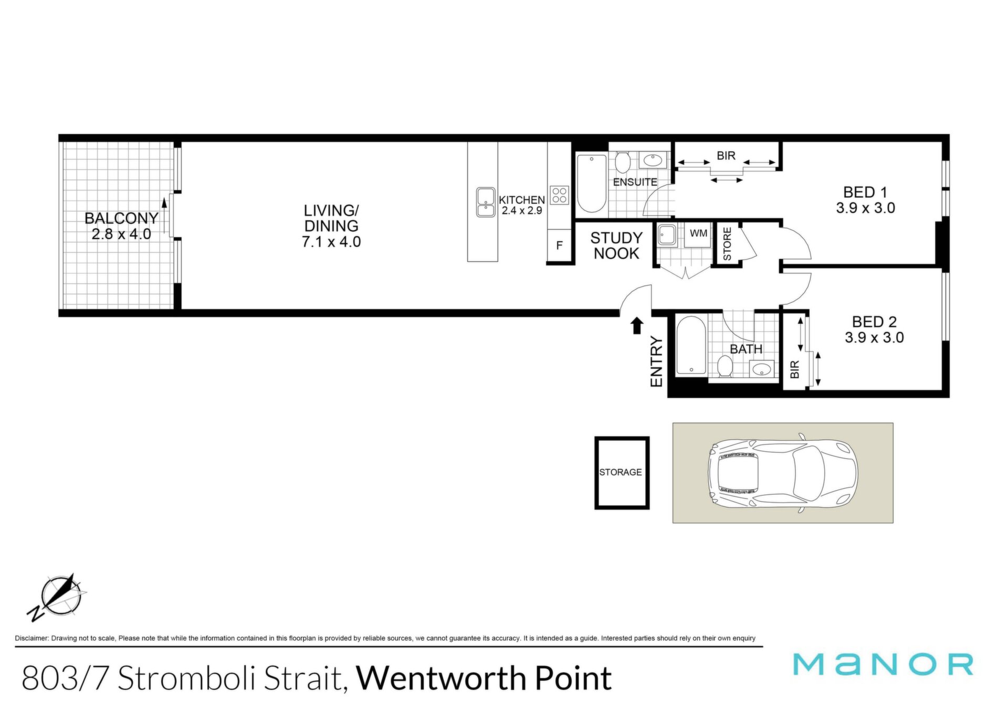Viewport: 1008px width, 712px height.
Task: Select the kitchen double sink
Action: [x=486, y=203]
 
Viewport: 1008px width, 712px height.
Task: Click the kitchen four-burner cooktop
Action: [x=559, y=195]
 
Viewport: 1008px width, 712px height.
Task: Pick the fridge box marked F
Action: [x=559, y=246]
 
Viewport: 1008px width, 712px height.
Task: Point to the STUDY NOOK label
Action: [x=616, y=246]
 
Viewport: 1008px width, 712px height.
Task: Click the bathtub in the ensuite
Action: [x=592, y=183]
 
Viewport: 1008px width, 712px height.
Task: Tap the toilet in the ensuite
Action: [x=623, y=163]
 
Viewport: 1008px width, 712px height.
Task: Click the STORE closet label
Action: [x=727, y=243]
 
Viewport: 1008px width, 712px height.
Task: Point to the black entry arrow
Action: [x=637, y=325]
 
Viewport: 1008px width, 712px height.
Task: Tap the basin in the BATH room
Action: [x=761, y=369]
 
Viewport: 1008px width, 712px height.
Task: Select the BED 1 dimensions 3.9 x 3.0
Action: [x=866, y=208]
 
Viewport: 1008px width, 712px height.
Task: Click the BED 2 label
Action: [x=874, y=322]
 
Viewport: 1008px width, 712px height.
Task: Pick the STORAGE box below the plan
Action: [x=622, y=473]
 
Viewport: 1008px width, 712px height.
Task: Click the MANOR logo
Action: [x=883, y=664]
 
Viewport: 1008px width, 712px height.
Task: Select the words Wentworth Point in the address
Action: [x=484, y=678]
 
